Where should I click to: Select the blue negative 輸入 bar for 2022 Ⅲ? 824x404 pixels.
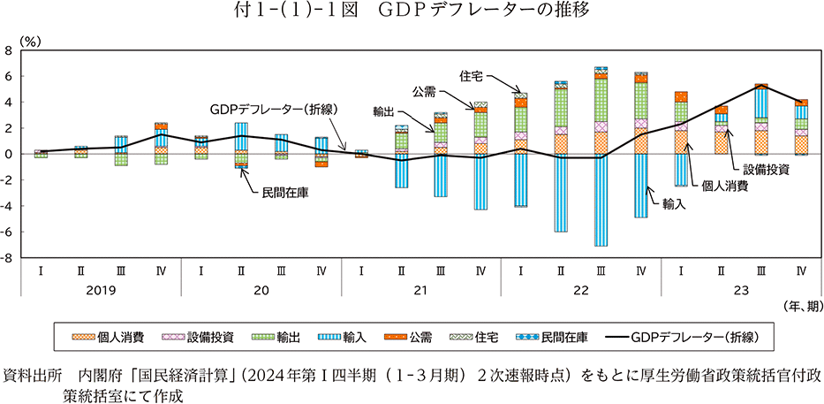(x=601, y=200)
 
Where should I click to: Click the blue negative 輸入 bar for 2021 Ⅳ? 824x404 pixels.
(x=480, y=181)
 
